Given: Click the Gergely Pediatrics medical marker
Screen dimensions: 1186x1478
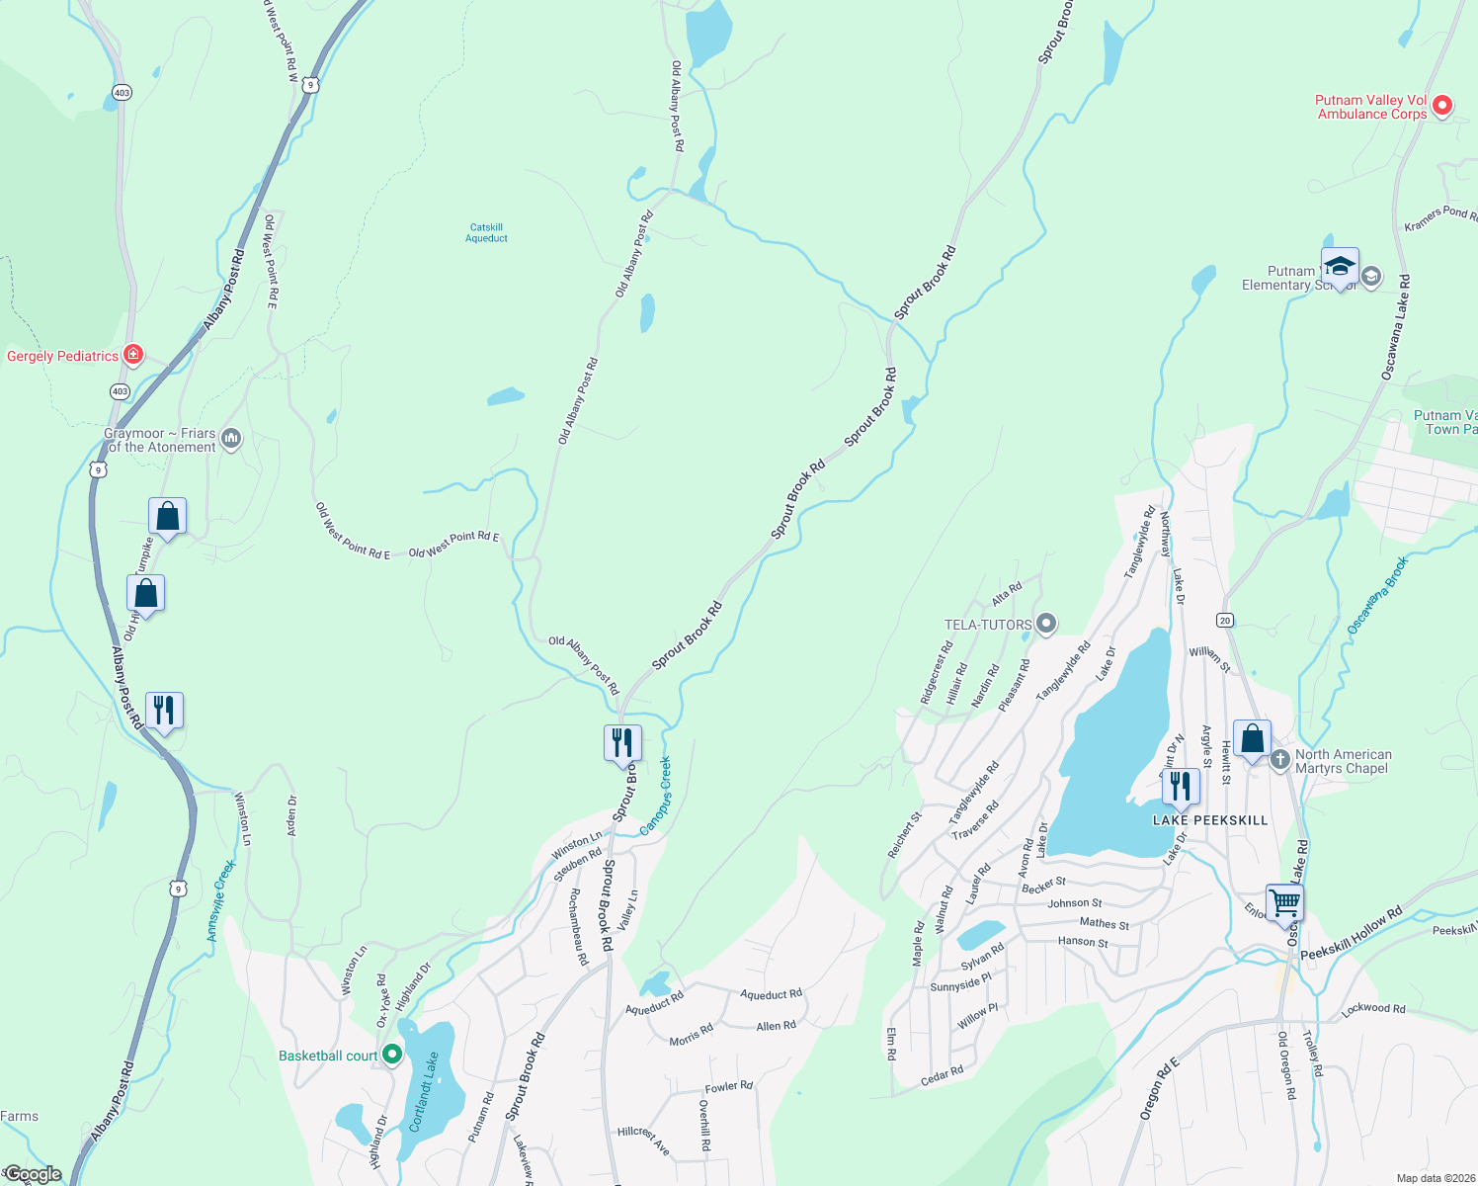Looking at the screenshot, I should pyautogui.click(x=133, y=355).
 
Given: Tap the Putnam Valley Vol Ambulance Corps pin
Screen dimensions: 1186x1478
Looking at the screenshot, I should pyautogui.click(x=1441, y=105).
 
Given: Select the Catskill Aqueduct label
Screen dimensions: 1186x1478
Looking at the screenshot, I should pyautogui.click(x=487, y=233).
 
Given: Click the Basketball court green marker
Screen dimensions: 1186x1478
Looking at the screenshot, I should pyautogui.click(x=392, y=1056).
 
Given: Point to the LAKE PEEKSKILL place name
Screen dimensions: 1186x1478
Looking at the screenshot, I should pyautogui.click(x=1210, y=820).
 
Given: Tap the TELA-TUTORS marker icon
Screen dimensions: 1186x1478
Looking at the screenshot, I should pyautogui.click(x=1047, y=624).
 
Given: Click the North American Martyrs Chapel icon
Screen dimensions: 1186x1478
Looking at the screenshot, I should pyautogui.click(x=1280, y=760).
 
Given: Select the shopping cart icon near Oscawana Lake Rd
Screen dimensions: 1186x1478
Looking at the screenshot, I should pyautogui.click(x=1284, y=901).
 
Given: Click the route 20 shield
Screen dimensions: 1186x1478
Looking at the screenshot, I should pyautogui.click(x=1225, y=621).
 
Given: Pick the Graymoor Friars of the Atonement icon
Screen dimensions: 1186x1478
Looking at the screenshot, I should pyautogui.click(x=231, y=437).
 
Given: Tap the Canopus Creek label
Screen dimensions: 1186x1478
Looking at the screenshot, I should pyautogui.click(x=656, y=796).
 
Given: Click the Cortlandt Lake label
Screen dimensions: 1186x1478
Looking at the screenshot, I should pyautogui.click(x=424, y=1092).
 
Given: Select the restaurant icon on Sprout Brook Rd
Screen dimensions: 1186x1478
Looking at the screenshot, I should pyautogui.click(x=622, y=741).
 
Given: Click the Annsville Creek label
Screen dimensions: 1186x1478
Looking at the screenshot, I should pyautogui.click(x=221, y=899).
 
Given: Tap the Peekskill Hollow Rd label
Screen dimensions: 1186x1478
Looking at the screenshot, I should pyautogui.click(x=1351, y=934).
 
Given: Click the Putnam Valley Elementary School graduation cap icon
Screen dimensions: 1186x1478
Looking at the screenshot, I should pyautogui.click(x=1340, y=266).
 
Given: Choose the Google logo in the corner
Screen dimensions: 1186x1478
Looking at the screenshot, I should pyautogui.click(x=34, y=1174).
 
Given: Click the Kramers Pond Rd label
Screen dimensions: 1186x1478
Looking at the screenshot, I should pyautogui.click(x=1440, y=219).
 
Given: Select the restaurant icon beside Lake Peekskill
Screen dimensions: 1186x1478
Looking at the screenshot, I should pyautogui.click(x=1180, y=786).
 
